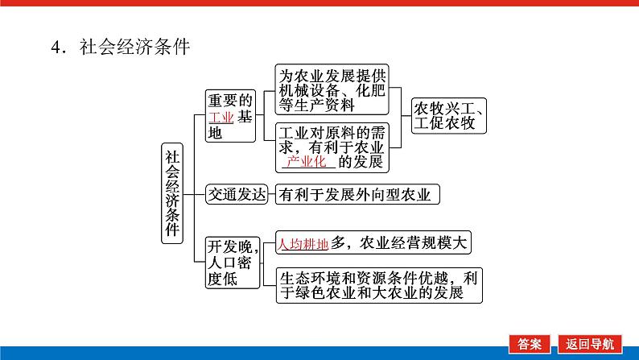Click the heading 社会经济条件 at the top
[x=134, y=47]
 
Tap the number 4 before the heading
[x=55, y=47]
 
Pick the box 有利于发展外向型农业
[x=358, y=194]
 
